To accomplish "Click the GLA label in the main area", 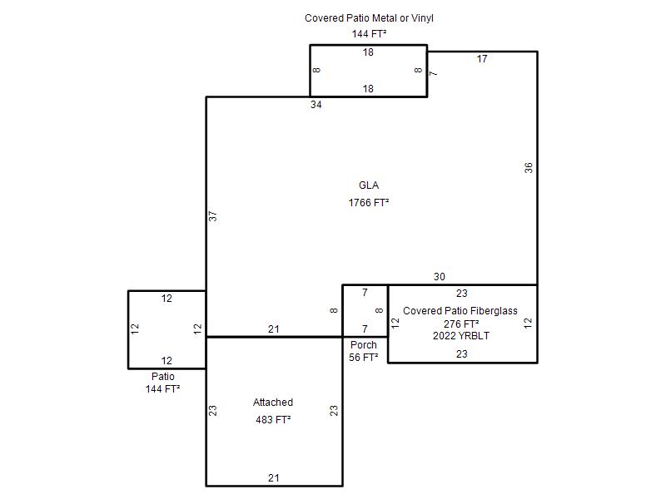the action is [369, 185].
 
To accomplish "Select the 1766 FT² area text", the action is [369, 202].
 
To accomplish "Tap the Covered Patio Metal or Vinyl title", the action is [369, 18].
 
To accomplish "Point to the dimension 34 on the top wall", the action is [316, 105].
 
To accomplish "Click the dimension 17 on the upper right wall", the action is [482, 59].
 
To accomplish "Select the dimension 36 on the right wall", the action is [528, 168].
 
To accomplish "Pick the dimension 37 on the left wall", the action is [213, 216].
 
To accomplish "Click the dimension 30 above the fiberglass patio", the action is [440, 277].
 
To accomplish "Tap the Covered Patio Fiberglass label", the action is [460, 310].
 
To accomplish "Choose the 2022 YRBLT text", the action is [461, 336].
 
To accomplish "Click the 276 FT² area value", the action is [461, 324].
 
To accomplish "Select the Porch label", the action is [364, 345].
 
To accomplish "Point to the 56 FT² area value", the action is [364, 358].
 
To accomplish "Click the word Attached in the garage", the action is [273, 403].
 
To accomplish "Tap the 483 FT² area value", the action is [273, 420].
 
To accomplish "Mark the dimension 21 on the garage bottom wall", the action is [274, 478].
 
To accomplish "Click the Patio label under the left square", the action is [163, 377].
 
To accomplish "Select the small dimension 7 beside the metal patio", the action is [433, 73].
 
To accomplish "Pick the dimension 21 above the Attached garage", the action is [274, 329].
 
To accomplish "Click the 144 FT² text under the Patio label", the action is [162, 388].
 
